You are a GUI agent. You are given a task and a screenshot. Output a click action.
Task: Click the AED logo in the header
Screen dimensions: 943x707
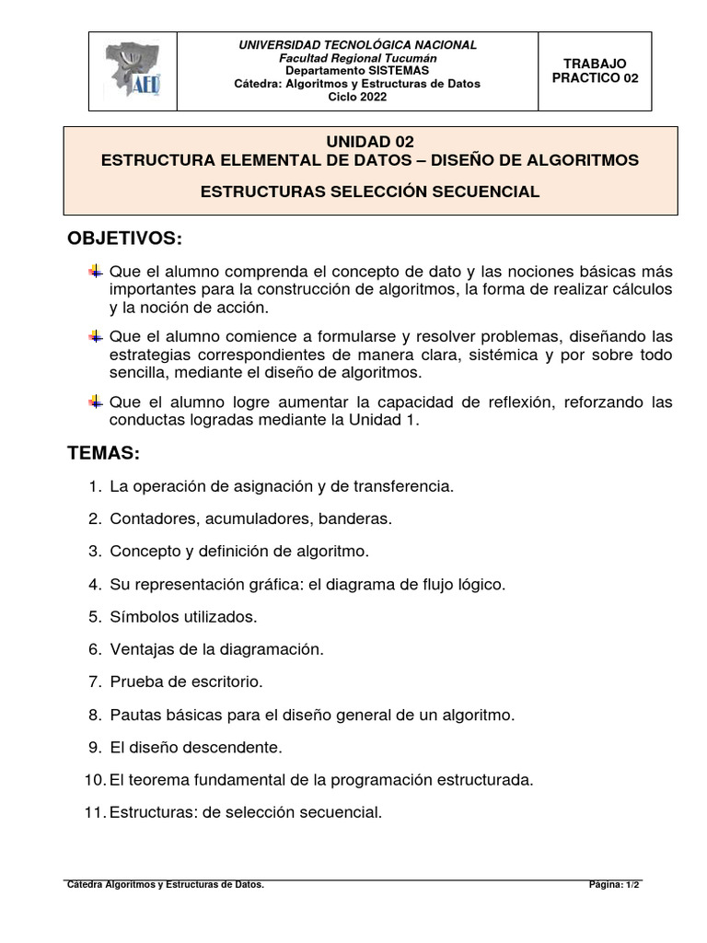[x=131, y=71]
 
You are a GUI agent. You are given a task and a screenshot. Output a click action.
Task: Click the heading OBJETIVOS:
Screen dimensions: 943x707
[x=125, y=239]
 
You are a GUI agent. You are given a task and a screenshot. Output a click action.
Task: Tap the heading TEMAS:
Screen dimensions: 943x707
[x=103, y=453]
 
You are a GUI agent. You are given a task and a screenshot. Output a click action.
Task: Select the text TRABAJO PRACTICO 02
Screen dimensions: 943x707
[x=595, y=71]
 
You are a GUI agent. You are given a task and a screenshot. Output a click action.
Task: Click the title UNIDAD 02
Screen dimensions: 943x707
[x=370, y=142]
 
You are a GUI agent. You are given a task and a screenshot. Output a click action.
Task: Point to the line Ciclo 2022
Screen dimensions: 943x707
[x=357, y=97]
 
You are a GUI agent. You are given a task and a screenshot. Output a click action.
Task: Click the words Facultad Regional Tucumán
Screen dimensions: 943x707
[x=358, y=58]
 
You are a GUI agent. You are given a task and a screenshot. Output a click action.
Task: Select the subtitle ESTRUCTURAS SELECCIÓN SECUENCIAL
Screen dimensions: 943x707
[x=370, y=192]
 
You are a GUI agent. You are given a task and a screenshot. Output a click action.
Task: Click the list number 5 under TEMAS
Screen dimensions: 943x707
[x=95, y=616]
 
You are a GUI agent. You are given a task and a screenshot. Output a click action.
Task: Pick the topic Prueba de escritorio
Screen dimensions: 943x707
[x=186, y=681]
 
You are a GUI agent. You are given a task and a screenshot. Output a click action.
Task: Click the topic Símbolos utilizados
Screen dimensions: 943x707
[x=183, y=616]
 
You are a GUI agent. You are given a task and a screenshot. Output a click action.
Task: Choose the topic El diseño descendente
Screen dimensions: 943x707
[x=196, y=747]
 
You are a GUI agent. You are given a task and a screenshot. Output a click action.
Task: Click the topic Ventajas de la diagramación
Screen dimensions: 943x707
[x=217, y=649]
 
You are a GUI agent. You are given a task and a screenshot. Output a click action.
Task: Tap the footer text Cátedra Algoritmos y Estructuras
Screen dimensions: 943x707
[x=166, y=885]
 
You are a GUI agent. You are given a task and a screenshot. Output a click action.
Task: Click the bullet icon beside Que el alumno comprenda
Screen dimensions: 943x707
[x=95, y=272]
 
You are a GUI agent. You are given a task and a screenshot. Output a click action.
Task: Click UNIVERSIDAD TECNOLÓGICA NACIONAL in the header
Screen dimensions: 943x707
[x=358, y=45]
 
